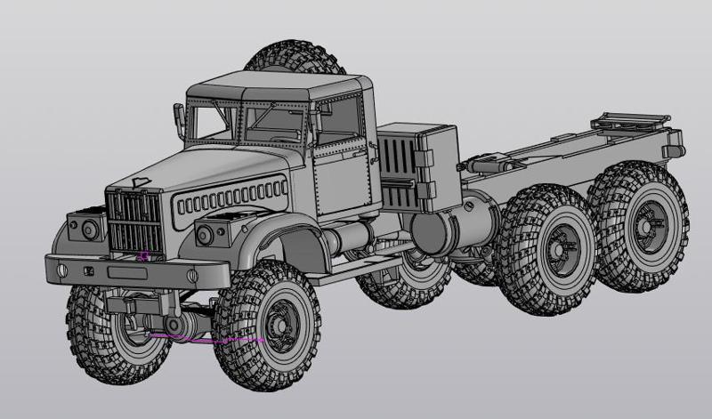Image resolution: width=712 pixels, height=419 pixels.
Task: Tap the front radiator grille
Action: coord(135,222)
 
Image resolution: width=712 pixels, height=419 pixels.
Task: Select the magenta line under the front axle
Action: coord(205,339)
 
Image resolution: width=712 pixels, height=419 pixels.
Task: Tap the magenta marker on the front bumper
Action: coord(142,256)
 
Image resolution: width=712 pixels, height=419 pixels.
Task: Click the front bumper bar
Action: coord(125,271)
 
